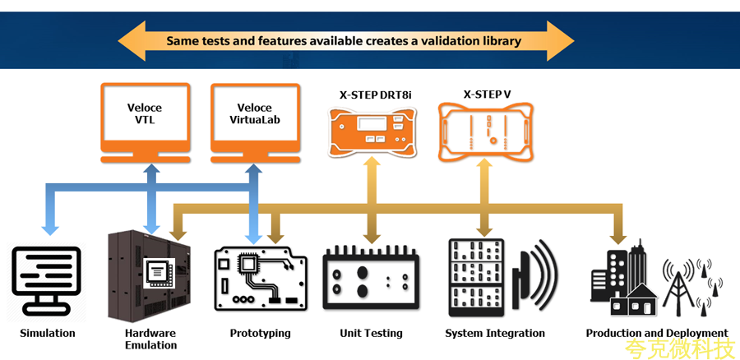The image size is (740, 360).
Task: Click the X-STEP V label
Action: point(487,95)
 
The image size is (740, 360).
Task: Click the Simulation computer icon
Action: point(47,279)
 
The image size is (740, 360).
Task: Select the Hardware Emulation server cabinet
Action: point(149,275)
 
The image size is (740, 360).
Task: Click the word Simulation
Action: point(48,334)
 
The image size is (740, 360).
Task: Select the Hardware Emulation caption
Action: point(150,339)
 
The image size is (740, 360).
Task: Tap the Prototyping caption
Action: point(260,334)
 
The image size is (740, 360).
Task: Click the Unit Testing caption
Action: point(371,334)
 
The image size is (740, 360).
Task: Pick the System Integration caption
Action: point(495,334)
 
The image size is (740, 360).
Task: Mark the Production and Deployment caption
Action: point(657,334)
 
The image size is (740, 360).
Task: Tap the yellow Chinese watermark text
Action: point(679,349)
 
